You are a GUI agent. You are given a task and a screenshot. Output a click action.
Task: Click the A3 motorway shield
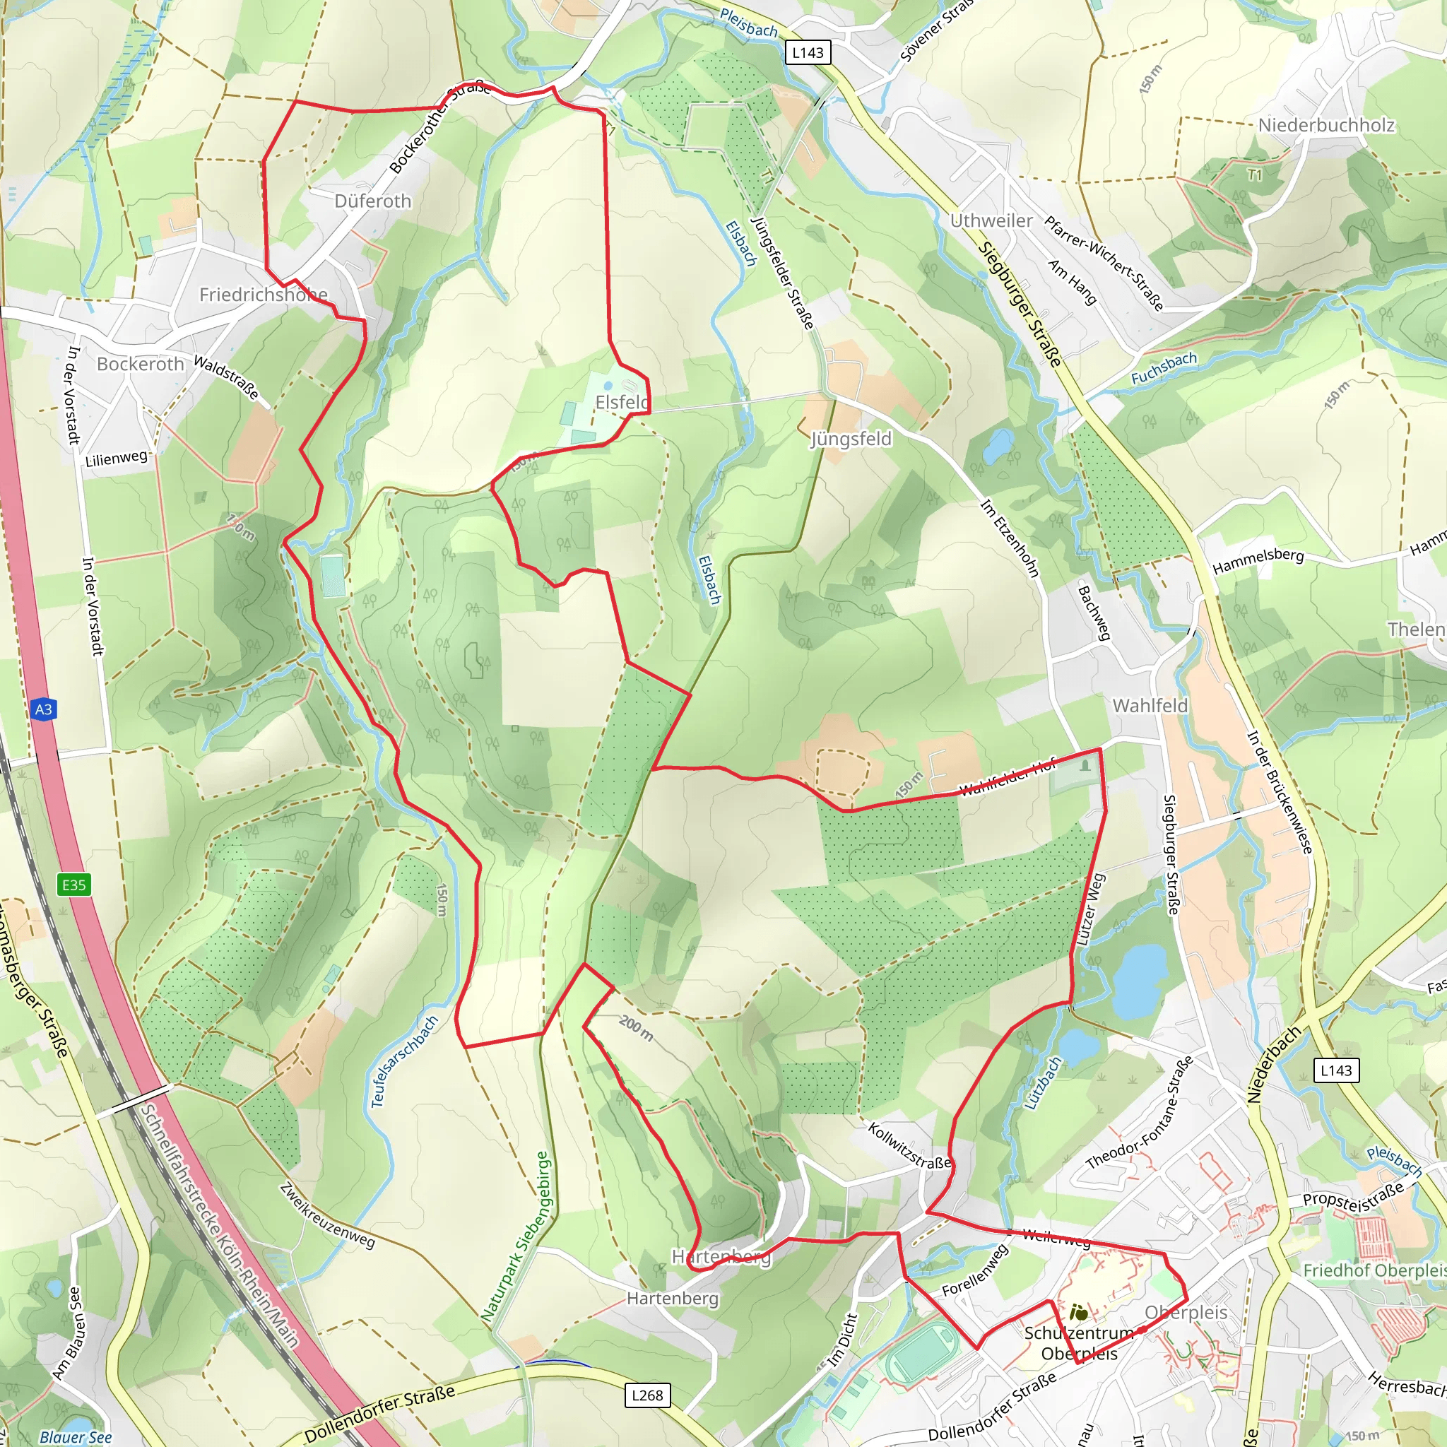tap(43, 709)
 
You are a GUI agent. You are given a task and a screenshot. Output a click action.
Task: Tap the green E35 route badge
tap(73, 885)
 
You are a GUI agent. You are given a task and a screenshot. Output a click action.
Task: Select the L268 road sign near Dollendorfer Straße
tap(647, 1395)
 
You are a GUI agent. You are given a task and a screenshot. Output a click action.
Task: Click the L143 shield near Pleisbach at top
tap(808, 52)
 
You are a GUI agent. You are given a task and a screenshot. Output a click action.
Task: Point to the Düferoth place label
tap(373, 201)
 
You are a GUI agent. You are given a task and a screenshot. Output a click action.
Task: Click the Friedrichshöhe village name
tap(263, 295)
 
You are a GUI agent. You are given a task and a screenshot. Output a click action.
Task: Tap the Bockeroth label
tap(140, 364)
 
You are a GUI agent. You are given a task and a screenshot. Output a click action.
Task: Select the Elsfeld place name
tap(622, 402)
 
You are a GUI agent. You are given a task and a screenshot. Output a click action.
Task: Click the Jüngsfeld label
tap(851, 439)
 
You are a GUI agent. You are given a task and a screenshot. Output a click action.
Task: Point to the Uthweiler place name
tap(991, 221)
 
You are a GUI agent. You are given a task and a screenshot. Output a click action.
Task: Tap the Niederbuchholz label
tap(1325, 125)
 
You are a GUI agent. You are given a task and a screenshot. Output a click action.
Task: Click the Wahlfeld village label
tap(1150, 706)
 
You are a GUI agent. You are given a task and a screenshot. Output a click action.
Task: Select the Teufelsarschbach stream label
tap(404, 1061)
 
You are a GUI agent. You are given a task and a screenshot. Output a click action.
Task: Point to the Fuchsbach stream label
tap(1163, 367)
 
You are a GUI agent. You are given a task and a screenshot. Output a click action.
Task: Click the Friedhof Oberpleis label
tap(1374, 1271)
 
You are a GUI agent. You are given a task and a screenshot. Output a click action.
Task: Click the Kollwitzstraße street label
tap(909, 1146)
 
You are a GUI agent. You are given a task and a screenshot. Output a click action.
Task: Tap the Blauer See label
tap(75, 1436)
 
